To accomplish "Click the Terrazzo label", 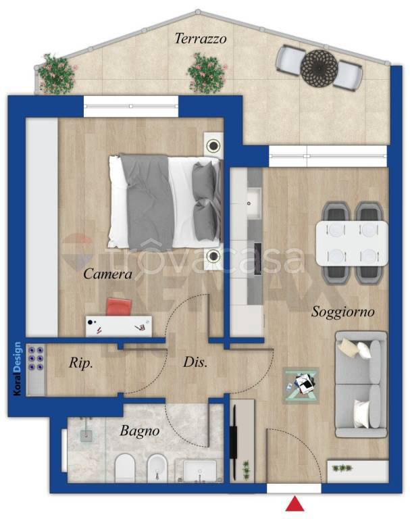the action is coord(201,39).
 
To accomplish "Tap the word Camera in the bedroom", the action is coord(107,274).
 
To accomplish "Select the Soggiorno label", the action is coord(342,312).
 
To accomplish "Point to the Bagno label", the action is coord(140,431).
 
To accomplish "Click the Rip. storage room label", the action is coord(81,363).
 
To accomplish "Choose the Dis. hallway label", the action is coord(195,362).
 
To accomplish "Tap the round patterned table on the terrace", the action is coord(319,68).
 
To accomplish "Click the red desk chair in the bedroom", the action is coord(119,307).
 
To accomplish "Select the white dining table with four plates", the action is coord(352,243).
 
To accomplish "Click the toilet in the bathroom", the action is coord(125,468).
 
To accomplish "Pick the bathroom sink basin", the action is coord(199,470).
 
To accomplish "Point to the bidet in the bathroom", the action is coord(157,468).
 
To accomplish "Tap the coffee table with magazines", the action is coord(301,385).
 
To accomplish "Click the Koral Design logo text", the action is coord(17,368).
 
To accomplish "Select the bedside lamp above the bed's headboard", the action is coord(213,145).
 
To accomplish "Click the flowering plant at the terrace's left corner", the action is coord(55,74).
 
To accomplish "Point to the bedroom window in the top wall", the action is coord(131,106).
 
